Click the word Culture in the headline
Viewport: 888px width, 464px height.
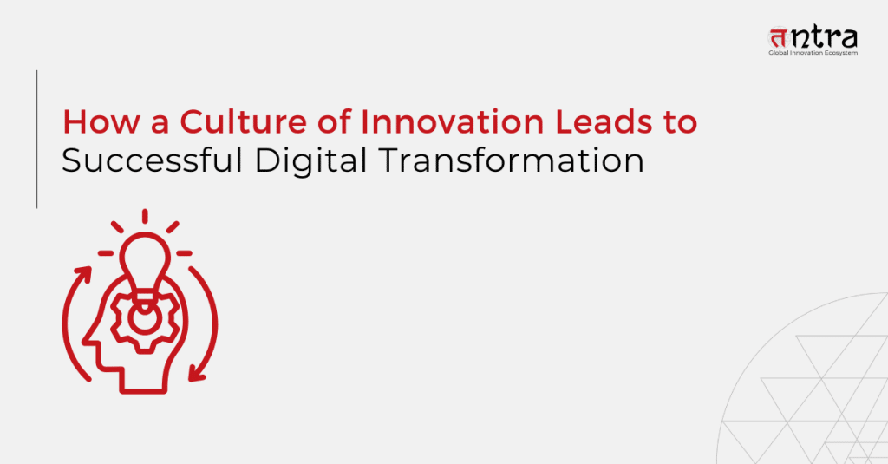(243, 121)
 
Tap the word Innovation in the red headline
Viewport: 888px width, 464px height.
(452, 121)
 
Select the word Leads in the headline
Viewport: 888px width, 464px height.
(604, 121)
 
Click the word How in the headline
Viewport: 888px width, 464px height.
(101, 121)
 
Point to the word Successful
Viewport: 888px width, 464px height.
(152, 160)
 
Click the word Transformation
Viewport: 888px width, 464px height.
(512, 160)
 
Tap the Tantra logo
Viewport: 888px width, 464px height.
(813, 41)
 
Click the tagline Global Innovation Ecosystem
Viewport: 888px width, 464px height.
(813, 53)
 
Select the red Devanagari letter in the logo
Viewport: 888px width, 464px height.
(779, 38)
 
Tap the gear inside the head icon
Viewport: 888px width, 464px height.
(145, 319)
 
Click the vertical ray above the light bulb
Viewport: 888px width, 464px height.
(145, 217)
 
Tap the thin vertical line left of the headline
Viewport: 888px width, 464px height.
(36, 140)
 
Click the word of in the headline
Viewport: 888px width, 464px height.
(334, 121)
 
